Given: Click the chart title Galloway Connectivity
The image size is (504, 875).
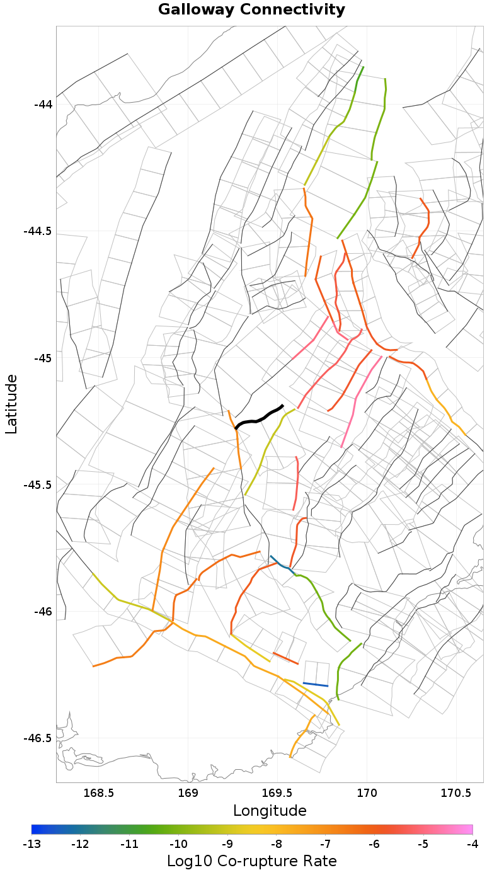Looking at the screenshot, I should [x=251, y=10].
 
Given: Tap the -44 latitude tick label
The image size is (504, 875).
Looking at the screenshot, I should [x=43, y=104].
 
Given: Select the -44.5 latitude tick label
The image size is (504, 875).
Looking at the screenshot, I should [x=39, y=231].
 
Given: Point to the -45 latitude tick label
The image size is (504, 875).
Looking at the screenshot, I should [x=43, y=358].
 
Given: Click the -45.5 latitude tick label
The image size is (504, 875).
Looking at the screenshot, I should [x=39, y=485].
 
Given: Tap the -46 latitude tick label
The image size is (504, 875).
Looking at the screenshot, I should [x=43, y=612].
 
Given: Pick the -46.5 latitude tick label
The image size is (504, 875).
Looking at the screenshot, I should [x=39, y=738].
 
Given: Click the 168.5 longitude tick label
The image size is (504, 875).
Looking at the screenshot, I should [x=99, y=792].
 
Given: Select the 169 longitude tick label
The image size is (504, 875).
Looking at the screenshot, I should [x=188, y=792].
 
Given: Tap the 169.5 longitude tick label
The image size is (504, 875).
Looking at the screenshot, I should [x=277, y=792].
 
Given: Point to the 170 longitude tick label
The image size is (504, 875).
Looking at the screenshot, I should [x=367, y=792].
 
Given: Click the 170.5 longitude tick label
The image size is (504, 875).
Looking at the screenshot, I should [x=455, y=792].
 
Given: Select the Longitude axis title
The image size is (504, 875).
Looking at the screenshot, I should [x=270, y=811].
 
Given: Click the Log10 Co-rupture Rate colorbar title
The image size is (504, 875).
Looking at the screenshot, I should [x=251, y=861].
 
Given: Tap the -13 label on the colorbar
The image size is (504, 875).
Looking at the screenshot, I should [x=31, y=844].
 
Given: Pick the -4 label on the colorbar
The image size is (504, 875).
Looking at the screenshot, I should [x=472, y=844].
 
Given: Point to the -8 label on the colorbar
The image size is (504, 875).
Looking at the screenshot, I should [x=277, y=844].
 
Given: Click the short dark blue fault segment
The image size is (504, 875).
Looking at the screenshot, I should [x=316, y=684].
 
